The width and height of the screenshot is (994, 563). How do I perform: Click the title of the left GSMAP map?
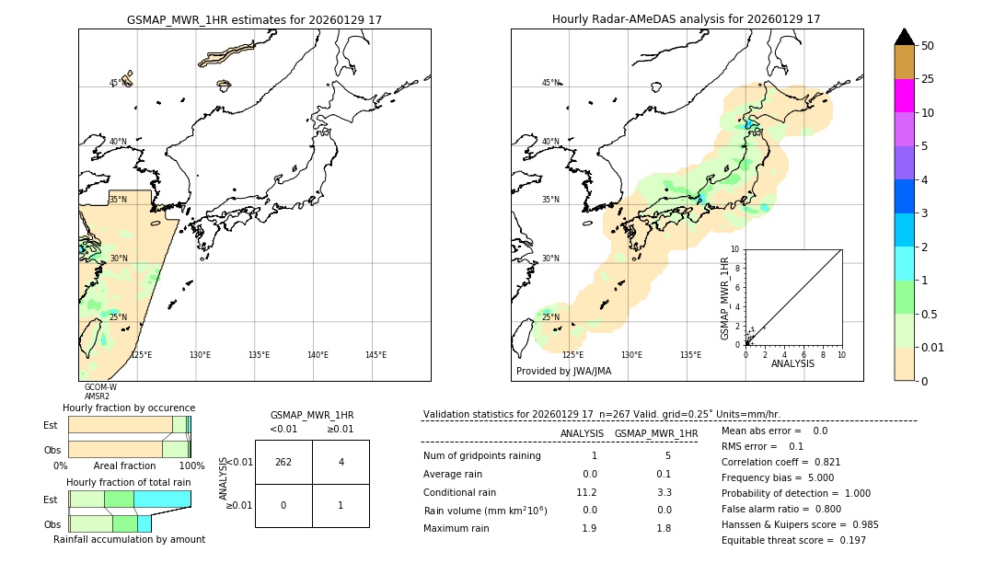(254, 19)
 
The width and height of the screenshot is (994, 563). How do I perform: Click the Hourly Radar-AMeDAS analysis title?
(686, 19)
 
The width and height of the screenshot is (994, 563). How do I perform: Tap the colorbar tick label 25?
(928, 79)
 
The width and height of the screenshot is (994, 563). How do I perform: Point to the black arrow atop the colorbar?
(905, 37)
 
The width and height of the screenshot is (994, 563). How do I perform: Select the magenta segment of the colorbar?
(905, 96)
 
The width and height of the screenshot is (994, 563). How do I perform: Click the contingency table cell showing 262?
(283, 462)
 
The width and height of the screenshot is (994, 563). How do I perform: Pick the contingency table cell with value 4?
(341, 462)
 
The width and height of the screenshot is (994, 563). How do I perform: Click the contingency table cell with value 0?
(283, 505)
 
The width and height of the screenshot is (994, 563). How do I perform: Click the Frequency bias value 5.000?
(814, 477)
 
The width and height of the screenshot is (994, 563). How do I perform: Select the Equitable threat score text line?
(793, 540)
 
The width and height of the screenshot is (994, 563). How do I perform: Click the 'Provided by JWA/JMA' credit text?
(563, 372)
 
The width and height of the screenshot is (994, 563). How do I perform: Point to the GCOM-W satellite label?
(100, 387)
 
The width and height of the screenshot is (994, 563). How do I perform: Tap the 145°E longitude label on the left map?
(376, 355)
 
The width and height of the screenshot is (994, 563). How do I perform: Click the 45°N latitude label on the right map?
(550, 83)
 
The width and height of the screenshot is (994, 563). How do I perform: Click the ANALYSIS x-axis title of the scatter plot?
(792, 363)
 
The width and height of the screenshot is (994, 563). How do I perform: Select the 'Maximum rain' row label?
(457, 528)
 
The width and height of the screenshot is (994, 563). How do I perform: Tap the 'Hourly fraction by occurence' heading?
(129, 408)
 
